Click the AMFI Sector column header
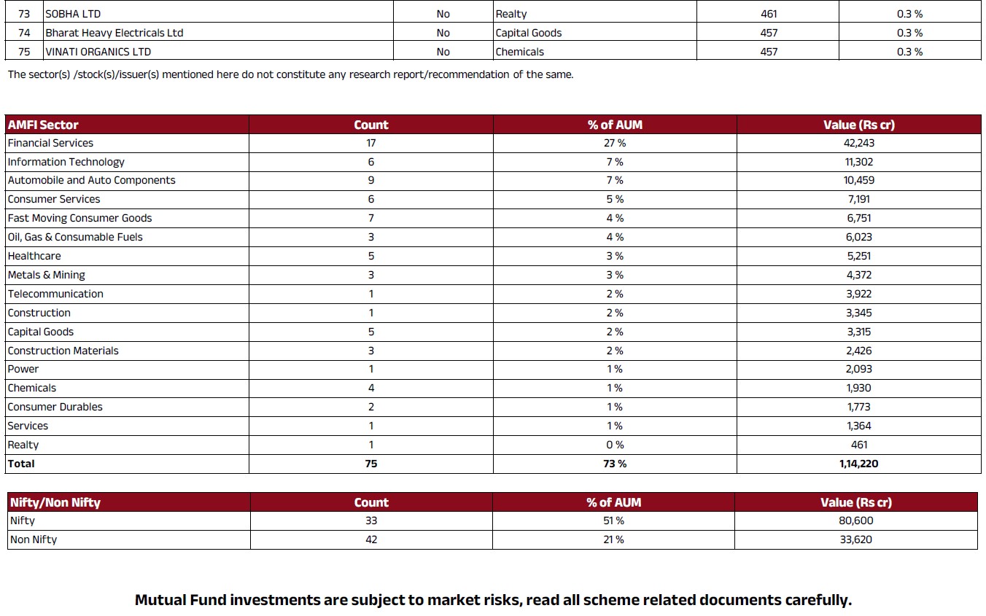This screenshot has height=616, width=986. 43,125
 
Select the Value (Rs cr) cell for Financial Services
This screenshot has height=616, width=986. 859,143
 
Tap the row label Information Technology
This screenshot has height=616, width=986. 66,162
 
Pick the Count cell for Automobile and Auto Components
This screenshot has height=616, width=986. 371,180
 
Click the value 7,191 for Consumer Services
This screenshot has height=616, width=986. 859,199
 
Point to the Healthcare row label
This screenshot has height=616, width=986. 34,256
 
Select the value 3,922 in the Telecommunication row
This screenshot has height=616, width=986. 859,294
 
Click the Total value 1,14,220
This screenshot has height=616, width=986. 859,464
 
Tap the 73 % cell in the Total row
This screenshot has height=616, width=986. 615,464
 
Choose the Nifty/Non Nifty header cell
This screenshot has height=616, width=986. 55,502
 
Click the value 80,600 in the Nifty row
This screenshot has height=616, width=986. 856,521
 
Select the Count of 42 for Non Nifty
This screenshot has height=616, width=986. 371,539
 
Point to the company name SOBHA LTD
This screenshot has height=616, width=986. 73,14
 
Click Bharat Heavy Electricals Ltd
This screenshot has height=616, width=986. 114,33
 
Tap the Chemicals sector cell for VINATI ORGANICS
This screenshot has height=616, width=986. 520,52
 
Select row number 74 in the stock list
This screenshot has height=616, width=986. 24,33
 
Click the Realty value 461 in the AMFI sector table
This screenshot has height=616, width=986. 859,445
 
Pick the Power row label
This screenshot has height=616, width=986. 23,369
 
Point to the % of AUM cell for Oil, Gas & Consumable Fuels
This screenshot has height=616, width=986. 615,237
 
